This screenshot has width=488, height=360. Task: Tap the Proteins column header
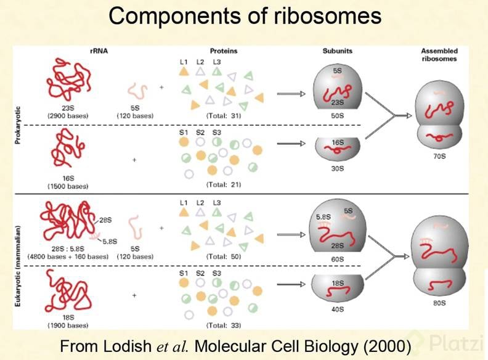click(x=222, y=51)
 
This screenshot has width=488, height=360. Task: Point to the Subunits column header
click(x=337, y=51)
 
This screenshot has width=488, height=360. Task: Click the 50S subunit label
click(x=337, y=115)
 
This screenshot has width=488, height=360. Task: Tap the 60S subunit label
click(x=337, y=260)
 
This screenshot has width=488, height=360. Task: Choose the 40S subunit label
click(x=337, y=310)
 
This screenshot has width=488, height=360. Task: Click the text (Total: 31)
click(x=223, y=115)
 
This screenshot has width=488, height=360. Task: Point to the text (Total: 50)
click(x=223, y=256)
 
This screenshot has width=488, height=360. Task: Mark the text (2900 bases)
click(x=68, y=115)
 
